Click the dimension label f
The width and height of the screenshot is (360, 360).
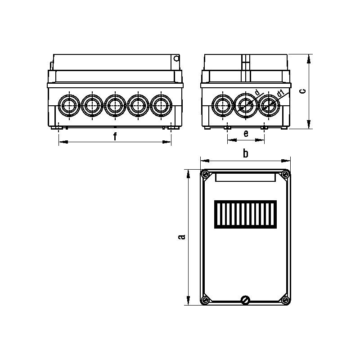tap(115, 137)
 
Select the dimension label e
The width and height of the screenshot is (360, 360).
tap(246, 133)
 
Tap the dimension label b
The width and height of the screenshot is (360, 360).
tap(246, 153)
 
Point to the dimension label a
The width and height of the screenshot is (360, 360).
tap(182, 237)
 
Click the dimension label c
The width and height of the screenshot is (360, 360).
tap(303, 91)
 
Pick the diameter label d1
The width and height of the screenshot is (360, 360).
tap(280, 93)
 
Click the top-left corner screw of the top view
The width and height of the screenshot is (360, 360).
tap(205, 175)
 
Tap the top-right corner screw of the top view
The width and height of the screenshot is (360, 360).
tap(285, 175)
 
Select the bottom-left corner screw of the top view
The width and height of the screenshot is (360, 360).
tap(205, 300)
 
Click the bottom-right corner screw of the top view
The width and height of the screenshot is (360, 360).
tap(285, 300)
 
